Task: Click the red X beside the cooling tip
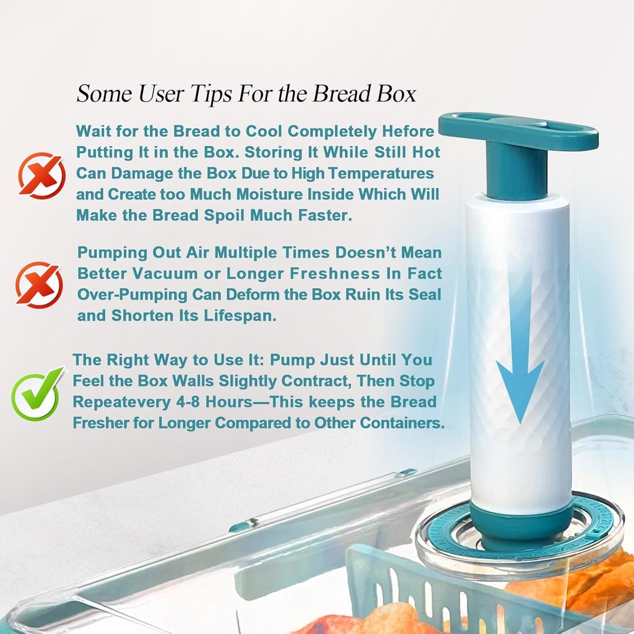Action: [x=42, y=175]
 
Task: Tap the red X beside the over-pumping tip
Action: [x=39, y=285]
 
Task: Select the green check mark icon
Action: [x=37, y=394]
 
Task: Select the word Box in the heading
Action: [x=397, y=93]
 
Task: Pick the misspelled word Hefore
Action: [x=408, y=131]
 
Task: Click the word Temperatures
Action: [x=381, y=174]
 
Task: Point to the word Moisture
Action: [x=269, y=194]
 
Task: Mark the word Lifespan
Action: [x=240, y=316]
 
